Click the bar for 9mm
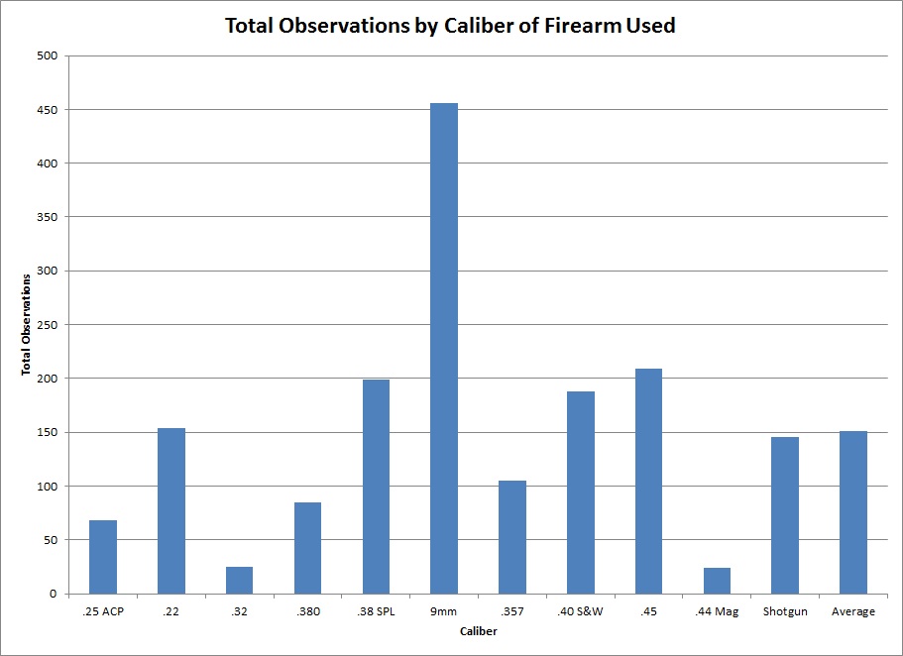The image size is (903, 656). coord(444,348)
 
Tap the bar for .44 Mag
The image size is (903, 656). coord(717,581)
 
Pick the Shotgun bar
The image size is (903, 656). coord(785,515)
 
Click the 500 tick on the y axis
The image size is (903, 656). coord(48,55)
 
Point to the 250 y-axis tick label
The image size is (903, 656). coord(48,324)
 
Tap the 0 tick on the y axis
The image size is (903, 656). coord(56,594)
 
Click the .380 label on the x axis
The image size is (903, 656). coord(307,611)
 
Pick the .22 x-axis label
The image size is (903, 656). coord(171,611)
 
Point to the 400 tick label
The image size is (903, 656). coord(48,164)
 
